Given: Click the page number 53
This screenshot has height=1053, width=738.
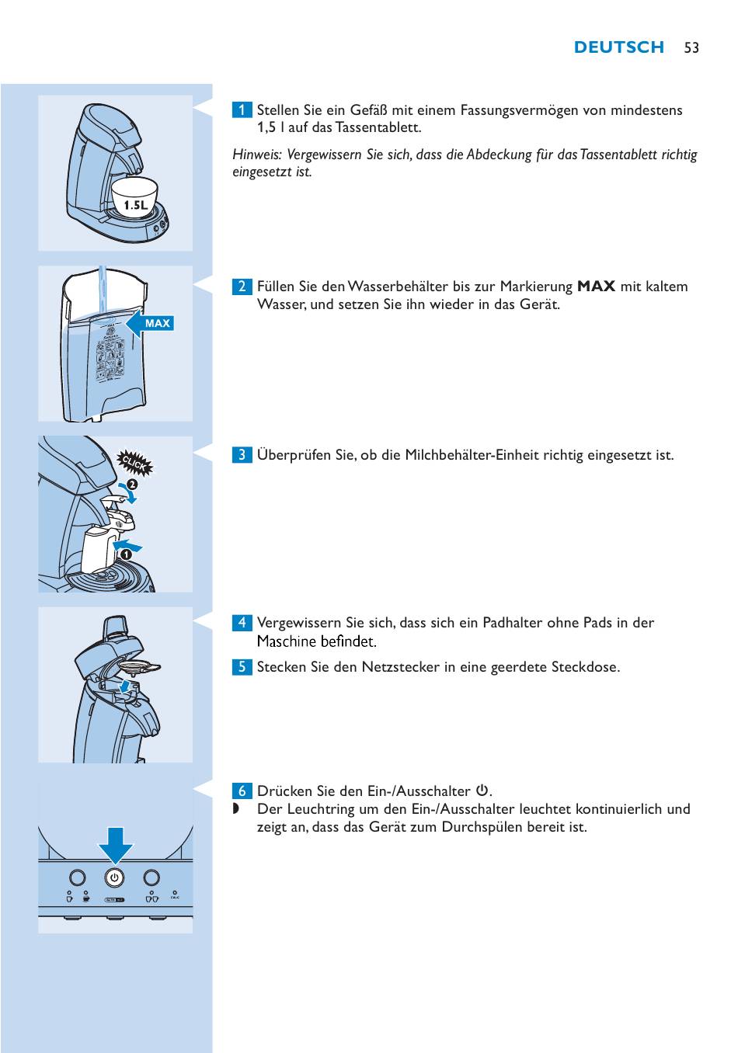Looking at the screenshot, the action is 691,47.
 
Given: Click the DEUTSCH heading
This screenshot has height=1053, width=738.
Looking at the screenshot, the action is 618,47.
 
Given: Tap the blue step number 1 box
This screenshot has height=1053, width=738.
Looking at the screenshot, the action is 242,110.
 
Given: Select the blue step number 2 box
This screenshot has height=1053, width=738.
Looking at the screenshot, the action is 242,287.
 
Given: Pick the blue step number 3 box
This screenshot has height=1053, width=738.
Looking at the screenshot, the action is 242,454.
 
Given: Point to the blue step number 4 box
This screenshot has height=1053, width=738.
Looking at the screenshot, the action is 242,622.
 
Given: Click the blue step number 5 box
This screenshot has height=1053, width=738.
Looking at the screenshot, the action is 242,666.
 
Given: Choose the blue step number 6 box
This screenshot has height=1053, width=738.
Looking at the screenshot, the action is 242,791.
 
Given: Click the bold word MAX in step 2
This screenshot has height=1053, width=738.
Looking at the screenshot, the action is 596,287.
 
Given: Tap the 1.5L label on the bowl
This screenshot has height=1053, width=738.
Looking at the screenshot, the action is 135,205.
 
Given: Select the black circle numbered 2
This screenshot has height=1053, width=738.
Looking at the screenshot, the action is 133,484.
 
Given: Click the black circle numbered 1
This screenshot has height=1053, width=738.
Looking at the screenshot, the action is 126,554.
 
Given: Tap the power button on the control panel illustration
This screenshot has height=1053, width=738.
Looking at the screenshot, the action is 114,877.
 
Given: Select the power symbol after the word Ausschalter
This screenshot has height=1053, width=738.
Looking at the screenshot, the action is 482,791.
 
